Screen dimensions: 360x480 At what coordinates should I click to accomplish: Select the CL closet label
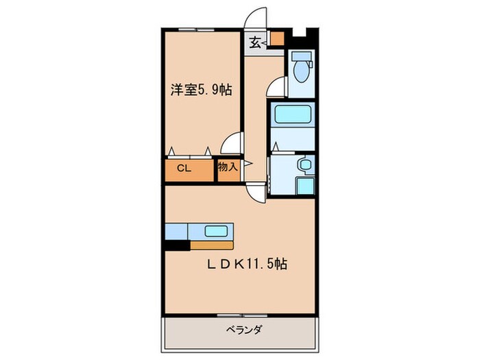pyautogui.click(x=183, y=167)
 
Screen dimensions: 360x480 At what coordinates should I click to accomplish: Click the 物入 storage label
pyautogui.click(x=228, y=166)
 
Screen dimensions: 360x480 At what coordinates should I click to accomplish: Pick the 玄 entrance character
pyautogui.click(x=254, y=43)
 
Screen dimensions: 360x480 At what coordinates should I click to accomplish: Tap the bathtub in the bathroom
pyautogui.click(x=291, y=115)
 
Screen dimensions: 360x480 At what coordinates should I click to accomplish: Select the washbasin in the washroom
pyautogui.click(x=304, y=165)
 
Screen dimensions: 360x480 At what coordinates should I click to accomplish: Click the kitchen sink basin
pyautogui.click(x=217, y=231)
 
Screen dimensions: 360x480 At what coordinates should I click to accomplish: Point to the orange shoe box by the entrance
pyautogui.click(x=276, y=38)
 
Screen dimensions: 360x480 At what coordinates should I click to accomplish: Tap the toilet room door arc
pyautogui.click(x=276, y=86)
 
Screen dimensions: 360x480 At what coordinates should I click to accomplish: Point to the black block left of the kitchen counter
pyautogui.click(x=177, y=244)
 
